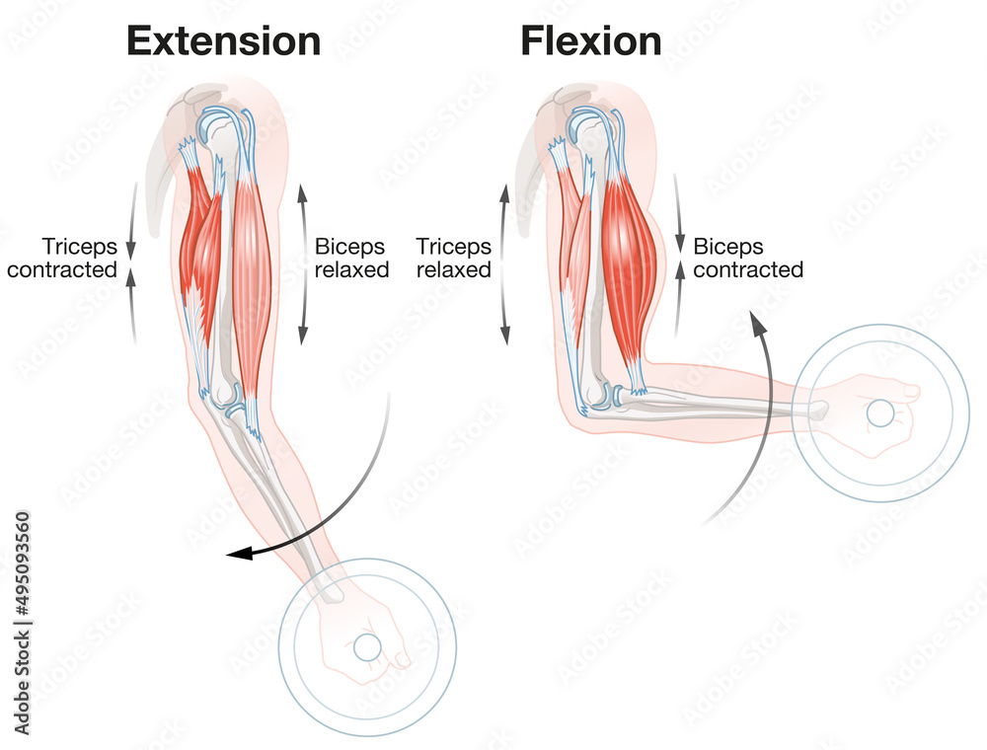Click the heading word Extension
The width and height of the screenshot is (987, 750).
(x=224, y=41)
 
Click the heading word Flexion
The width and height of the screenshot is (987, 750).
(x=591, y=41)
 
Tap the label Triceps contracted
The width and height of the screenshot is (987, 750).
(x=62, y=258)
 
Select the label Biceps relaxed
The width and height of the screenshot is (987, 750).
(x=351, y=258)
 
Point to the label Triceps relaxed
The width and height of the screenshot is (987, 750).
(x=454, y=258)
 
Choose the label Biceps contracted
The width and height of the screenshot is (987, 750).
(x=748, y=258)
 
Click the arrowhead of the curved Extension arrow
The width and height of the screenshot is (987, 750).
(x=237, y=555)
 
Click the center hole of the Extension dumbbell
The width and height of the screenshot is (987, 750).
(x=367, y=647)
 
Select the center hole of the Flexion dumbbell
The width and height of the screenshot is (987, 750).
(x=879, y=412)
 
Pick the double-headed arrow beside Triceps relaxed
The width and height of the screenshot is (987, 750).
(x=505, y=263)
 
